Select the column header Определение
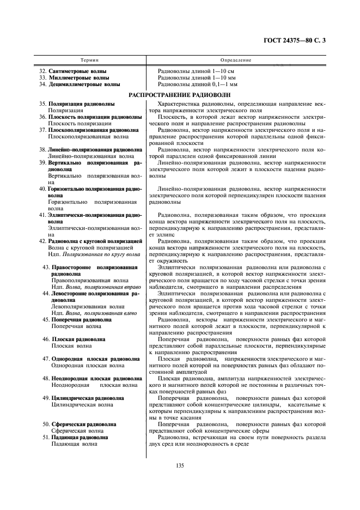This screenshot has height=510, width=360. click(235, 59)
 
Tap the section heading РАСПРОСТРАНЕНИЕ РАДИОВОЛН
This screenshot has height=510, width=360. click(180, 95)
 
